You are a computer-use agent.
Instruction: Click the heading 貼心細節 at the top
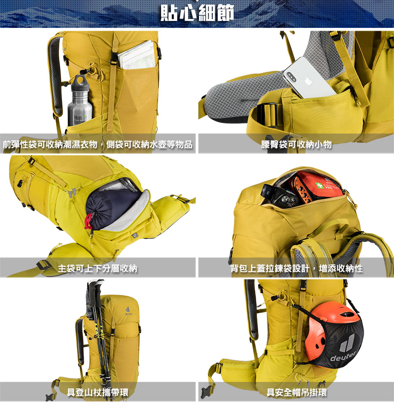(197, 13)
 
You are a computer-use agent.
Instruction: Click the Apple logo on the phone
(308, 81)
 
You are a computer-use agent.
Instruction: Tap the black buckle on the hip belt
(268, 115)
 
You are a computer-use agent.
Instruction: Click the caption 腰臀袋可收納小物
(296, 144)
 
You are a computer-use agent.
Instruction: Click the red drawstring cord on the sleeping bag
(89, 220)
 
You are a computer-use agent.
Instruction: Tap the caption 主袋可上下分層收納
(98, 269)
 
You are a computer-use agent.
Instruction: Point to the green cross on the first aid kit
(320, 185)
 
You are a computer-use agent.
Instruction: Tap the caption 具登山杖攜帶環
(98, 392)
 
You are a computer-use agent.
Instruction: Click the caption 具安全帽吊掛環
(296, 392)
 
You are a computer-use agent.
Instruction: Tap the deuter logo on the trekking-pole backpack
(128, 311)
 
